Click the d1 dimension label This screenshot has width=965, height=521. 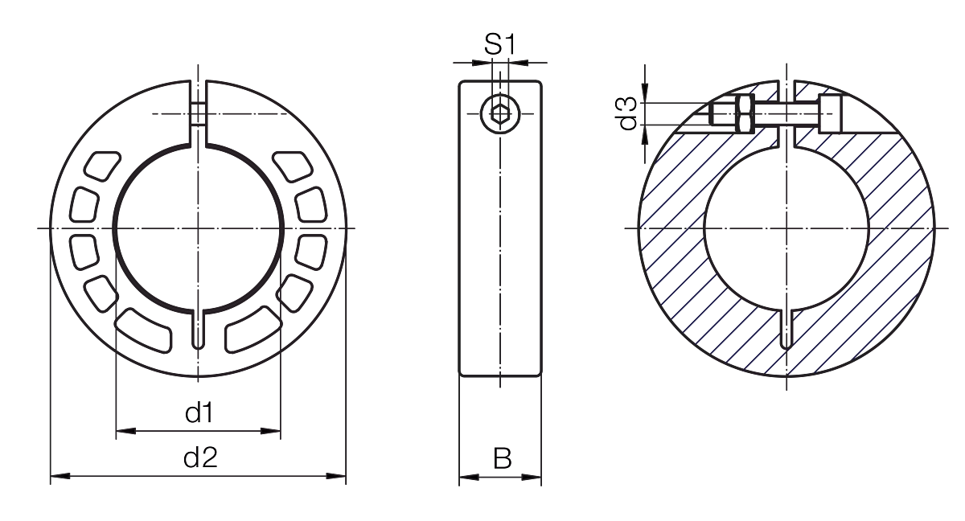point(199,413)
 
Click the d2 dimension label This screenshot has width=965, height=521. point(200,457)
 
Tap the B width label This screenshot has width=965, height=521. point(503,458)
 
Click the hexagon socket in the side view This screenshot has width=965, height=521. point(500,114)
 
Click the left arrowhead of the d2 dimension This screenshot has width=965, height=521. point(60,476)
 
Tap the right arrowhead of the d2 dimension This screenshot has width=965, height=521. point(336,476)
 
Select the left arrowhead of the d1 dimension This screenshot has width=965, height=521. point(125,431)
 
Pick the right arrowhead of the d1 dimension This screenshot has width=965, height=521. point(271,431)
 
